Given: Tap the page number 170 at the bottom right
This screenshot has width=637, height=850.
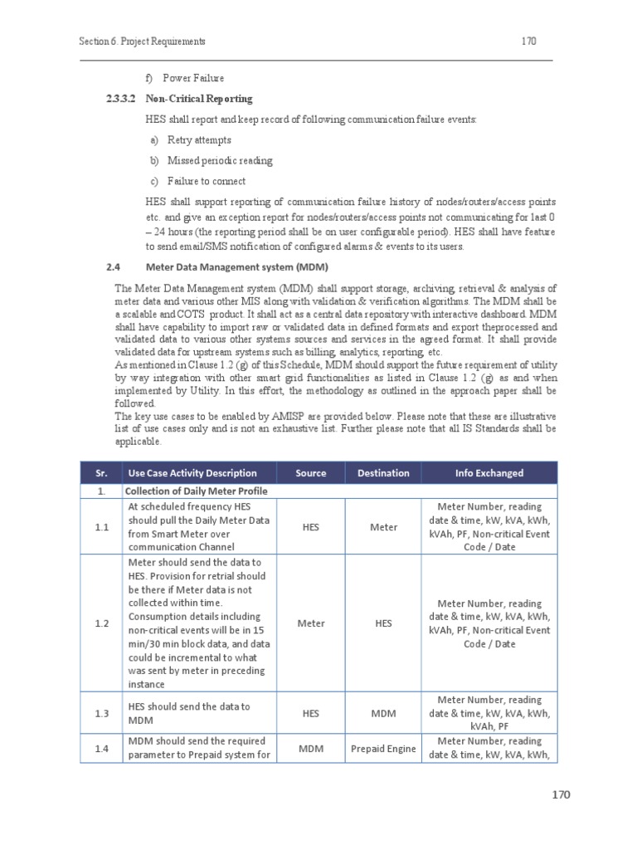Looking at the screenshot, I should pos(562,794).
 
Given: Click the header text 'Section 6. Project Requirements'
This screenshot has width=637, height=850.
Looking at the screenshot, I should pos(142,41).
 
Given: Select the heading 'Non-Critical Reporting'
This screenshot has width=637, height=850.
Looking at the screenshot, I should pos(199,99).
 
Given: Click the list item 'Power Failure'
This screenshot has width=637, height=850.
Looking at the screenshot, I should pos(193,78).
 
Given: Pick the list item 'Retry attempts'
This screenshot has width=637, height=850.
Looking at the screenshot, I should pos(199,140).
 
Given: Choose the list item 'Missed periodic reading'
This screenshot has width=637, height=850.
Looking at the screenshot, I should pos(219,160).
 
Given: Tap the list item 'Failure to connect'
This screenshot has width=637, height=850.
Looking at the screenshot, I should pos(206,181).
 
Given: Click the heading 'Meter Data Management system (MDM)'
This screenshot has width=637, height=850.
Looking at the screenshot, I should pos(236,266).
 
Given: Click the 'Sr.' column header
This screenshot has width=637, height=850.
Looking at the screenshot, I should pos(100,473).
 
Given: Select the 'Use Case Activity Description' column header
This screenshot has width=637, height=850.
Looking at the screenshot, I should pos(192,473).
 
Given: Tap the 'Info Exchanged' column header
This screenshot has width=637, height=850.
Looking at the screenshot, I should pos(489,473).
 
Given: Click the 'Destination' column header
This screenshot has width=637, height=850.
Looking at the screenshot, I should pos(383,473).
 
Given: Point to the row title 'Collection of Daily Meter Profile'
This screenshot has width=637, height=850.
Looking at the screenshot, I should pos(197,491).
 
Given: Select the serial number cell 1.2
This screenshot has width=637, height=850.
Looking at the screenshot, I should pos(100,623).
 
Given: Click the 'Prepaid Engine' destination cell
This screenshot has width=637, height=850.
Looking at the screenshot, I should pos(383,749).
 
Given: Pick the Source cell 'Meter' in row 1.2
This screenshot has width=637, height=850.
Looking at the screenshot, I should pos(311,623).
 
